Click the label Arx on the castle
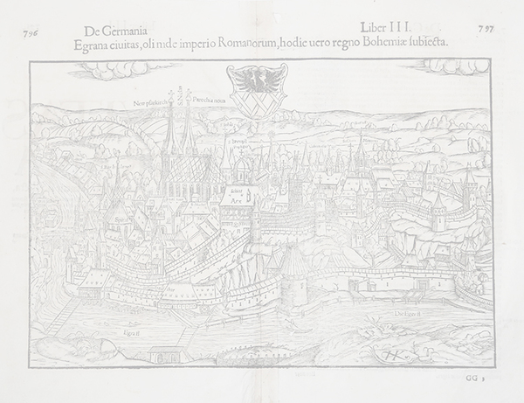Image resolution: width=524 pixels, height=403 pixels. pos(235,198)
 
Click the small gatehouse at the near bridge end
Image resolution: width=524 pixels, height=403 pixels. pos(162,354)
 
